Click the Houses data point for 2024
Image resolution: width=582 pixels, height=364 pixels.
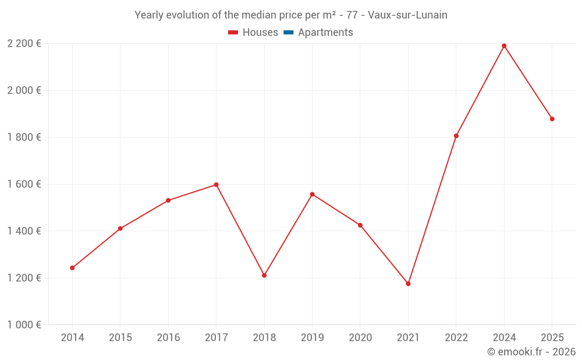coord(504,46)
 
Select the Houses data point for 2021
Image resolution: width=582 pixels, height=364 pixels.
coord(408,284)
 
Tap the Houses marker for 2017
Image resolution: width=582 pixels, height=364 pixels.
coord(216,185)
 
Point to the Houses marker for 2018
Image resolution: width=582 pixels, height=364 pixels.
coord(264,275)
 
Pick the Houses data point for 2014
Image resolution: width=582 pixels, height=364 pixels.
coord(72,268)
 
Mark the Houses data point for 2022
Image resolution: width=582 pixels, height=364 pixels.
coord(456,136)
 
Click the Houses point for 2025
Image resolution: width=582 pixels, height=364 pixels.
coord(552,119)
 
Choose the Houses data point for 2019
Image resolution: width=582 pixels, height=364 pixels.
coord(312,194)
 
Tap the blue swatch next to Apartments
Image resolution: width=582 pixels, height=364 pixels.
coord(288,33)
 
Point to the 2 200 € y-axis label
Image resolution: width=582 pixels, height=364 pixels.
coord(24,44)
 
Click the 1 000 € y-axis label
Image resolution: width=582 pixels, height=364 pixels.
coord(24,325)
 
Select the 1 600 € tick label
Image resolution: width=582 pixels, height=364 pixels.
coord(24,184)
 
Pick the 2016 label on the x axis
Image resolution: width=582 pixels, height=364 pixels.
coord(168,338)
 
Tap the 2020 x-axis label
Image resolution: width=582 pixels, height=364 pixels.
coord(360,338)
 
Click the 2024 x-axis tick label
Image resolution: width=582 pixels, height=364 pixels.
coord(504,338)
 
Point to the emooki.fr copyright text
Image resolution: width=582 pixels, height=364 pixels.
coord(531,352)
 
